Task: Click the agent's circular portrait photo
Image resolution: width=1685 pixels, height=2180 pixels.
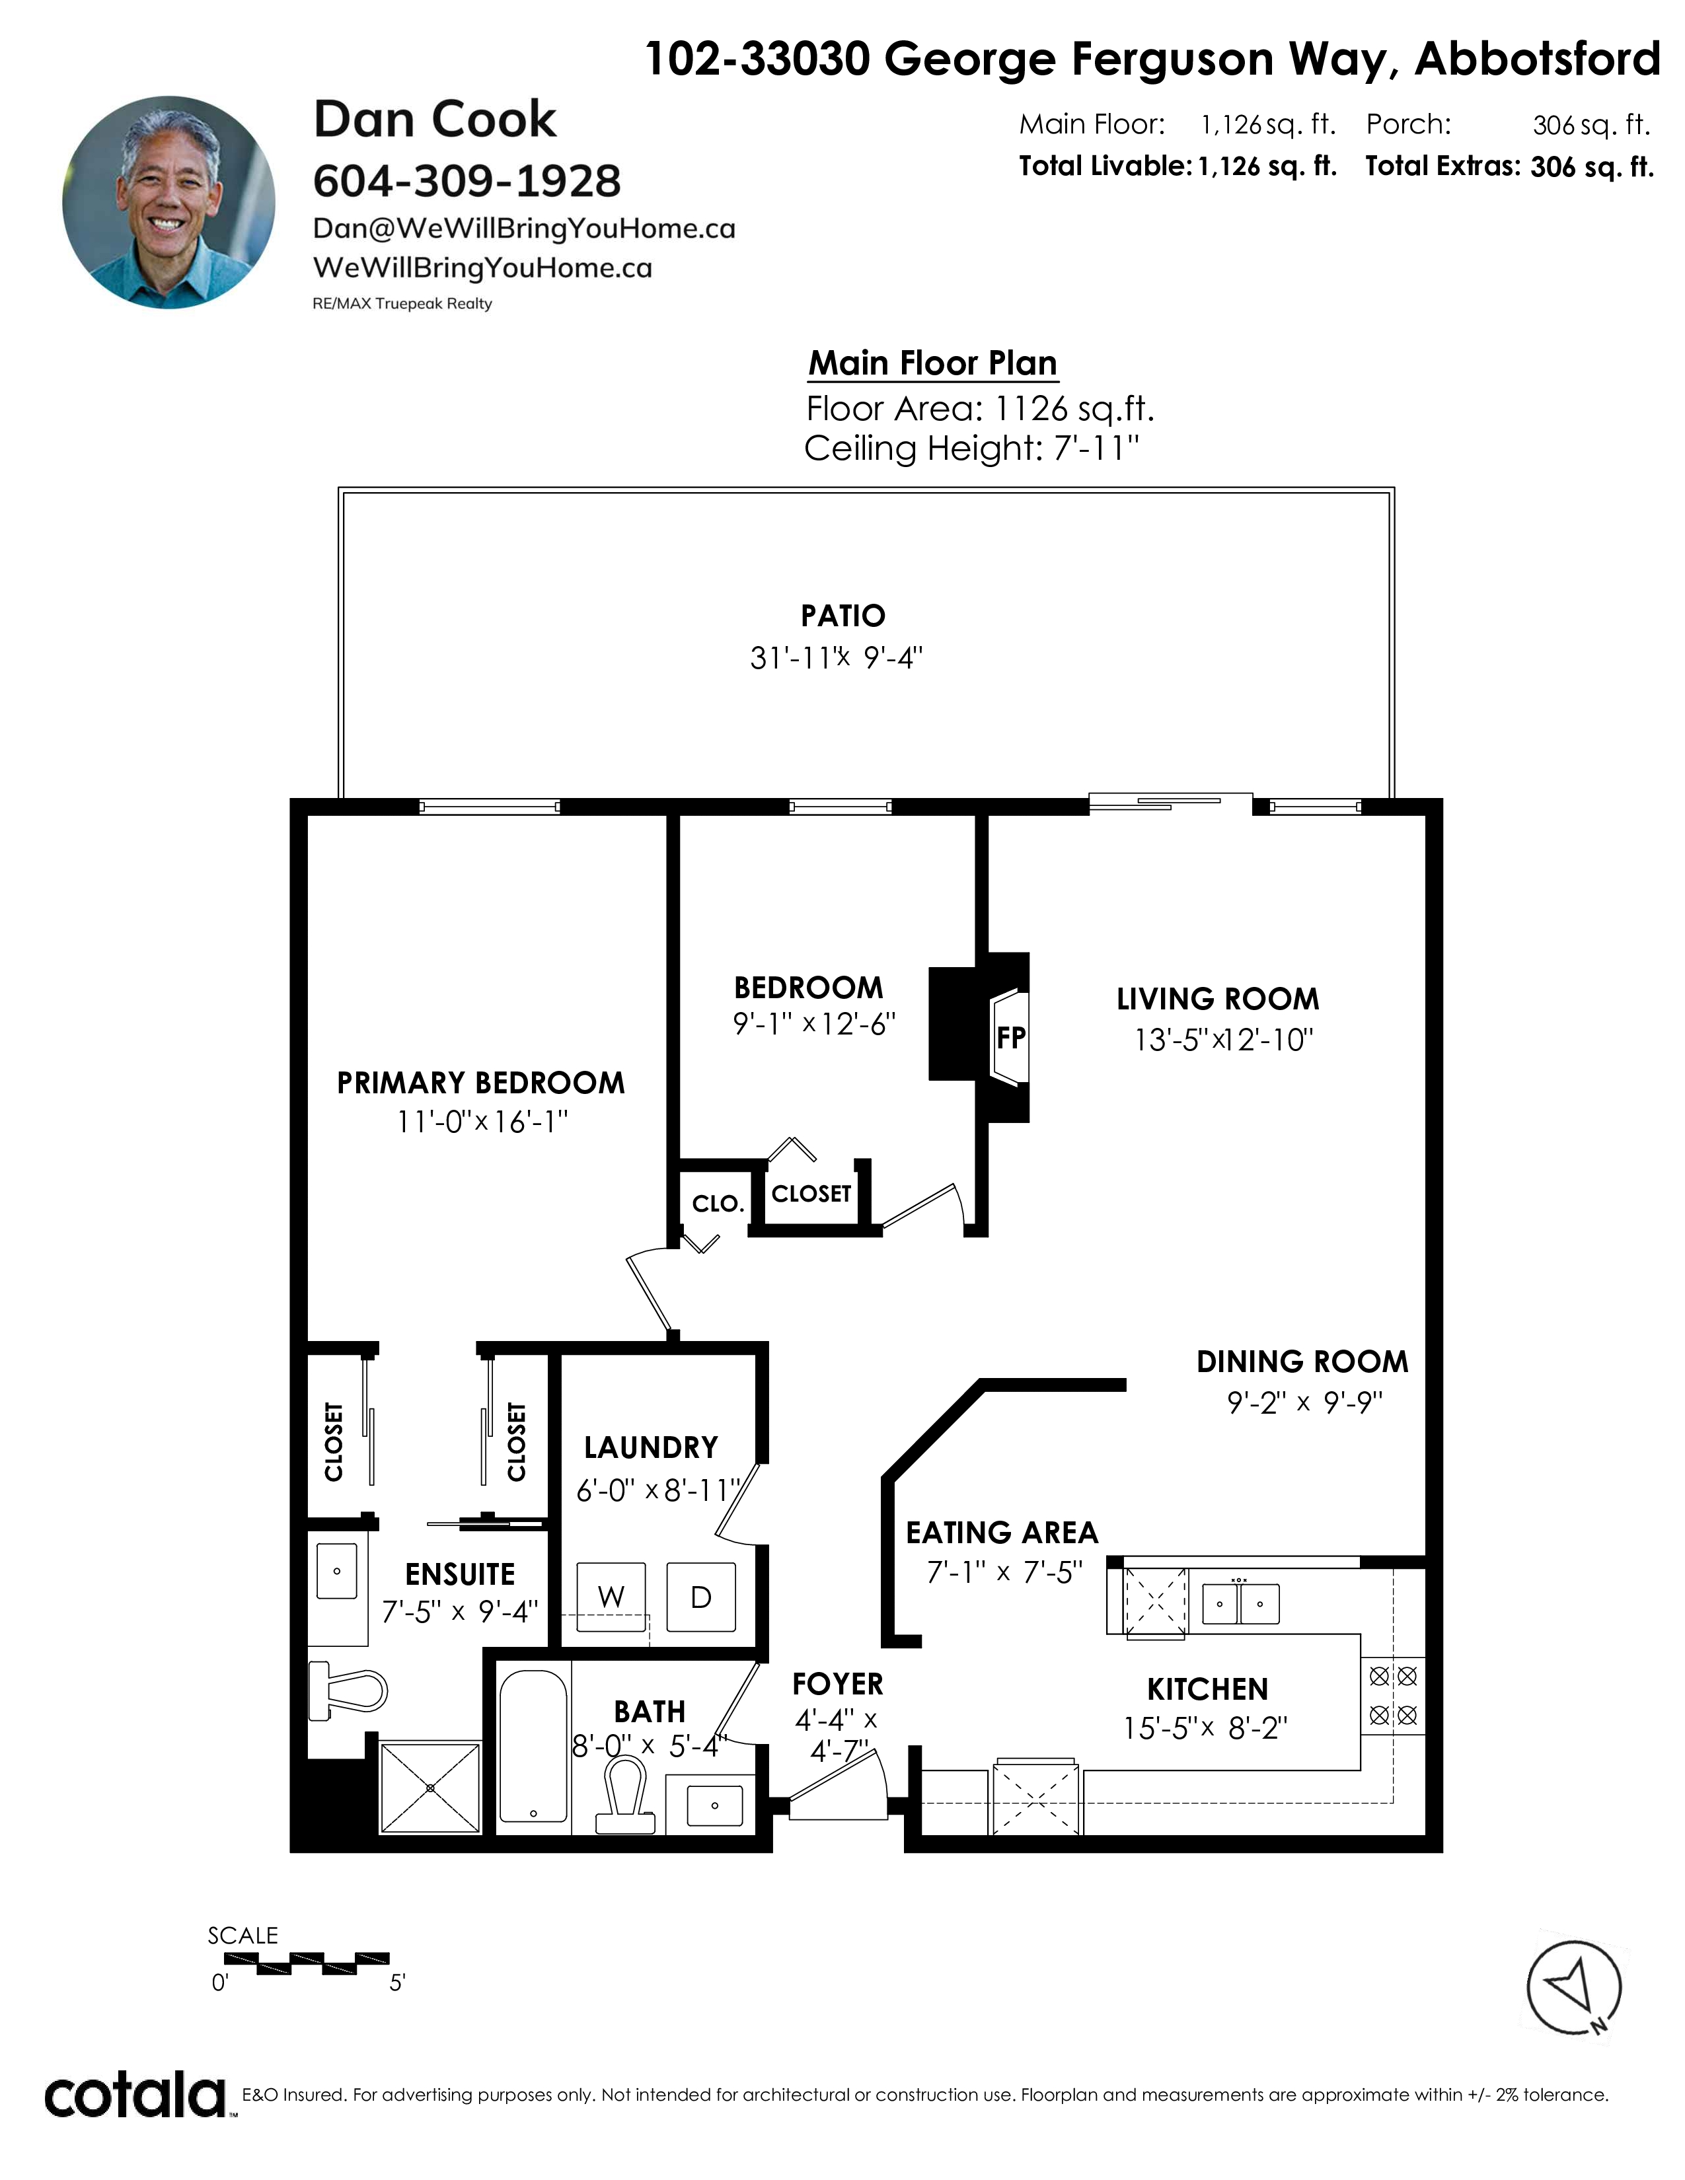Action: [x=168, y=203]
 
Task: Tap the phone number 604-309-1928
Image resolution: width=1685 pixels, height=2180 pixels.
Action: [x=467, y=180]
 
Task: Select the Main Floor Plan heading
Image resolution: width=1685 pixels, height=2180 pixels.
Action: [x=932, y=363]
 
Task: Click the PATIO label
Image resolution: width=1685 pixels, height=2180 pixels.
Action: [x=842, y=616]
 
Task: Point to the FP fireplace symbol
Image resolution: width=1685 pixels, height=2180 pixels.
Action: [x=1010, y=1038]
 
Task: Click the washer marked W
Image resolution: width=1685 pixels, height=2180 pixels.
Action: [x=611, y=1597]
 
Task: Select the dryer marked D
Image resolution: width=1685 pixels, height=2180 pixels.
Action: [x=700, y=1597]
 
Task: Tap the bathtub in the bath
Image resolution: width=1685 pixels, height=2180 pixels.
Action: [x=533, y=1746]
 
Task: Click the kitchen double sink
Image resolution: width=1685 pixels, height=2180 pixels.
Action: [x=1240, y=1603]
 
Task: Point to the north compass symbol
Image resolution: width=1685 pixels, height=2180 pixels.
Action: [x=1574, y=1986]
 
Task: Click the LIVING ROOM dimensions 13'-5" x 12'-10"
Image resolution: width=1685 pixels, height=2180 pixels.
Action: [x=1223, y=1040]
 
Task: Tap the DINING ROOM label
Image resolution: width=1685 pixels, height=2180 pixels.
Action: [x=1302, y=1362]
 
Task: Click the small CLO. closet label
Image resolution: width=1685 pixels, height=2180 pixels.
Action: [x=718, y=1204]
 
